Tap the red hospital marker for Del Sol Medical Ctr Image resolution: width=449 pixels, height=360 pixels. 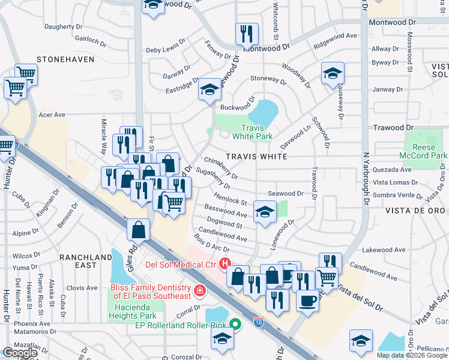coord(225,263)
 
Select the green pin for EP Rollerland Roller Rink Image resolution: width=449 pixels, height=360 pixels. coord(235,325)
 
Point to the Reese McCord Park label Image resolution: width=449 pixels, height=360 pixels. coord(426,151)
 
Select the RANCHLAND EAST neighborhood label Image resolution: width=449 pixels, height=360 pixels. coord(86,261)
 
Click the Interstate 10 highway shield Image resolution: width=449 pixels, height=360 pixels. coord(259,322)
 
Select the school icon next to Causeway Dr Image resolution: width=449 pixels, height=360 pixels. coord(333,73)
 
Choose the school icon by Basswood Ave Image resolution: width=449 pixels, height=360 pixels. coord(265,211)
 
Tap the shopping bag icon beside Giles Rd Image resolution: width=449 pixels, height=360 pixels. coord(139,229)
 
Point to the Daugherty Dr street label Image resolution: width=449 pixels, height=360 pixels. coord(67,26)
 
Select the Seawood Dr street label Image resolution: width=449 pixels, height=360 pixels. coord(285,194)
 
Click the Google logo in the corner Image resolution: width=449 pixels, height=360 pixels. coord(20,353)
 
